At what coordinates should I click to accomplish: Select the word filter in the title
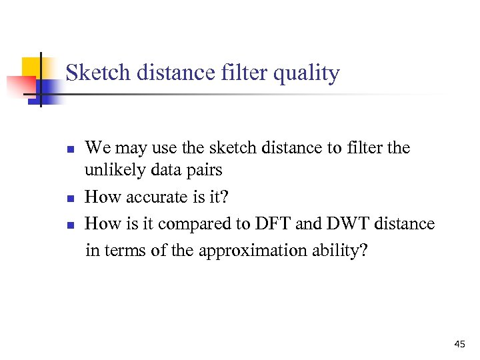[243, 73]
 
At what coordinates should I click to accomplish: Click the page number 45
[459, 344]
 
